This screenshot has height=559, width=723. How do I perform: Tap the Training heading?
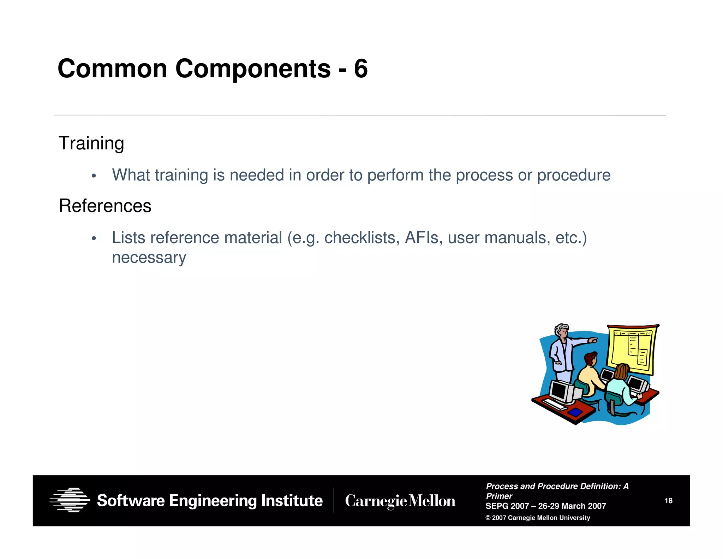(x=91, y=143)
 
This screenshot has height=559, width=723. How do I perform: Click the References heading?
(x=105, y=206)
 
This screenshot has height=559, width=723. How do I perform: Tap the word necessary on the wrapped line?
(x=149, y=258)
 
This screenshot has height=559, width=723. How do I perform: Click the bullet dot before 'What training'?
(x=94, y=176)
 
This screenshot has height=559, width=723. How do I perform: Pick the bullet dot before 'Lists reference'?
(x=94, y=239)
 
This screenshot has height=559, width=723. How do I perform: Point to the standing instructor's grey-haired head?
(x=561, y=331)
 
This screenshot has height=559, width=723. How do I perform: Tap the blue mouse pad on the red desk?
(x=575, y=412)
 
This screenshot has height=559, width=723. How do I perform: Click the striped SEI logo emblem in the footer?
(x=70, y=500)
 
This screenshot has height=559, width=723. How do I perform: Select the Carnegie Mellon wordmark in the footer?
(x=400, y=501)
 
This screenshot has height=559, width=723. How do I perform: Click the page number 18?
(x=668, y=501)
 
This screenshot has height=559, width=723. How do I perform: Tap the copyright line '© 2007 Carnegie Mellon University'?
(x=537, y=518)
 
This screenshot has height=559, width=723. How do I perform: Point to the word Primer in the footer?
(x=499, y=496)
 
